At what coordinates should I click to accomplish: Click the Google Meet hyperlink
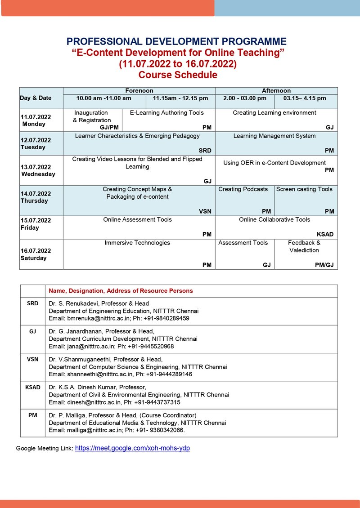132,448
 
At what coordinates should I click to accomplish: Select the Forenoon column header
139,90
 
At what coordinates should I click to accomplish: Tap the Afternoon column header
276,90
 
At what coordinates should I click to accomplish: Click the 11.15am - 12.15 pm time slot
180,98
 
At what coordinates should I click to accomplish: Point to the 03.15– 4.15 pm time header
305,98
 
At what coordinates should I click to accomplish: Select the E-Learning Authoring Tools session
167,113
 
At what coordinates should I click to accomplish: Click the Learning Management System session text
274,136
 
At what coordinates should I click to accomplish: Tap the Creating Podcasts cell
243,189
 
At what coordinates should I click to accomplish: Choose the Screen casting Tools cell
304,189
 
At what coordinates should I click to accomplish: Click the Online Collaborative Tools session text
274,219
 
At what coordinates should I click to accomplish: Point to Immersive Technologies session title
137,243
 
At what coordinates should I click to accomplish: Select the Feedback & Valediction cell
304,246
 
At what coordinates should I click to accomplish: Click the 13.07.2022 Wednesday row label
38,170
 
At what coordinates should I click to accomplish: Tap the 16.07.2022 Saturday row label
36,254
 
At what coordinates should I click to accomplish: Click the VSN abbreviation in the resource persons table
32,359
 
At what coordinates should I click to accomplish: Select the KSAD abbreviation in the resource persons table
32,387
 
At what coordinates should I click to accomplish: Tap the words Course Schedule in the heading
178,75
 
